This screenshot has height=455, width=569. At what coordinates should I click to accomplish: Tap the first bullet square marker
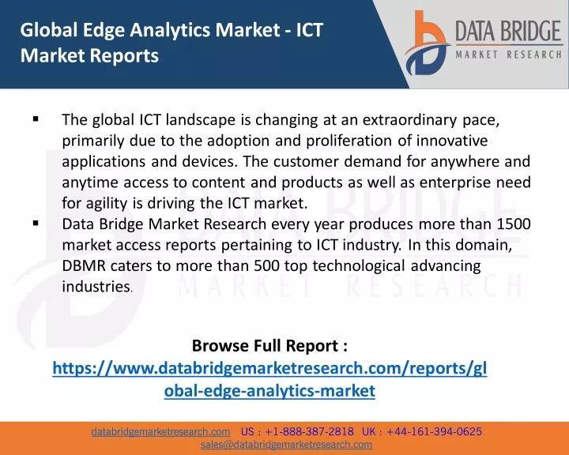(36, 118)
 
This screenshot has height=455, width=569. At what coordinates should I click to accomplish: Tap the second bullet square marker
(36, 223)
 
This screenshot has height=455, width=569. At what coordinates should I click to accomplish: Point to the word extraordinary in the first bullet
(409, 120)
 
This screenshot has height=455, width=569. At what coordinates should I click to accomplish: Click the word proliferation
(349, 141)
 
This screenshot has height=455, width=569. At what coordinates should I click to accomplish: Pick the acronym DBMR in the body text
(84, 265)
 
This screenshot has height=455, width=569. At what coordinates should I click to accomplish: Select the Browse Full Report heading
(269, 345)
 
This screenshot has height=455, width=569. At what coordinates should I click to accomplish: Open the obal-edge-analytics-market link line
(269, 391)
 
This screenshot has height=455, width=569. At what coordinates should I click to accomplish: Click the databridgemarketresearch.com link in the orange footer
(160, 432)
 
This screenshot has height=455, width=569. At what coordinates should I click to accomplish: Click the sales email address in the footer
(286, 445)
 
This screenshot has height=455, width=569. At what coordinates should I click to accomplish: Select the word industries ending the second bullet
(96, 286)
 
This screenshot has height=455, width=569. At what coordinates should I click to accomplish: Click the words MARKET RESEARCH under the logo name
(509, 55)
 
